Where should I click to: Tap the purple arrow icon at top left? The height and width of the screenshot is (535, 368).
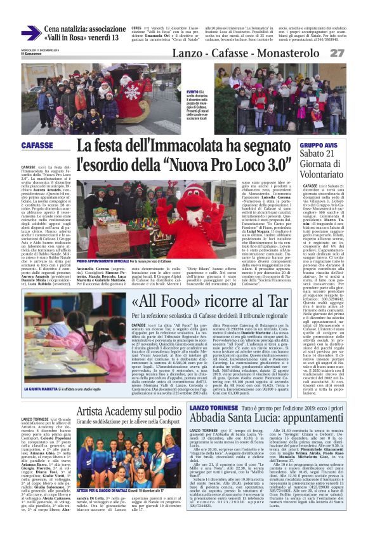click(x=30, y=34)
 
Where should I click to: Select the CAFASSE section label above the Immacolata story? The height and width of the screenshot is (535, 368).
click(x=37, y=146)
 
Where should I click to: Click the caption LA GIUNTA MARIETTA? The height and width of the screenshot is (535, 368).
click(x=41, y=369)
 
